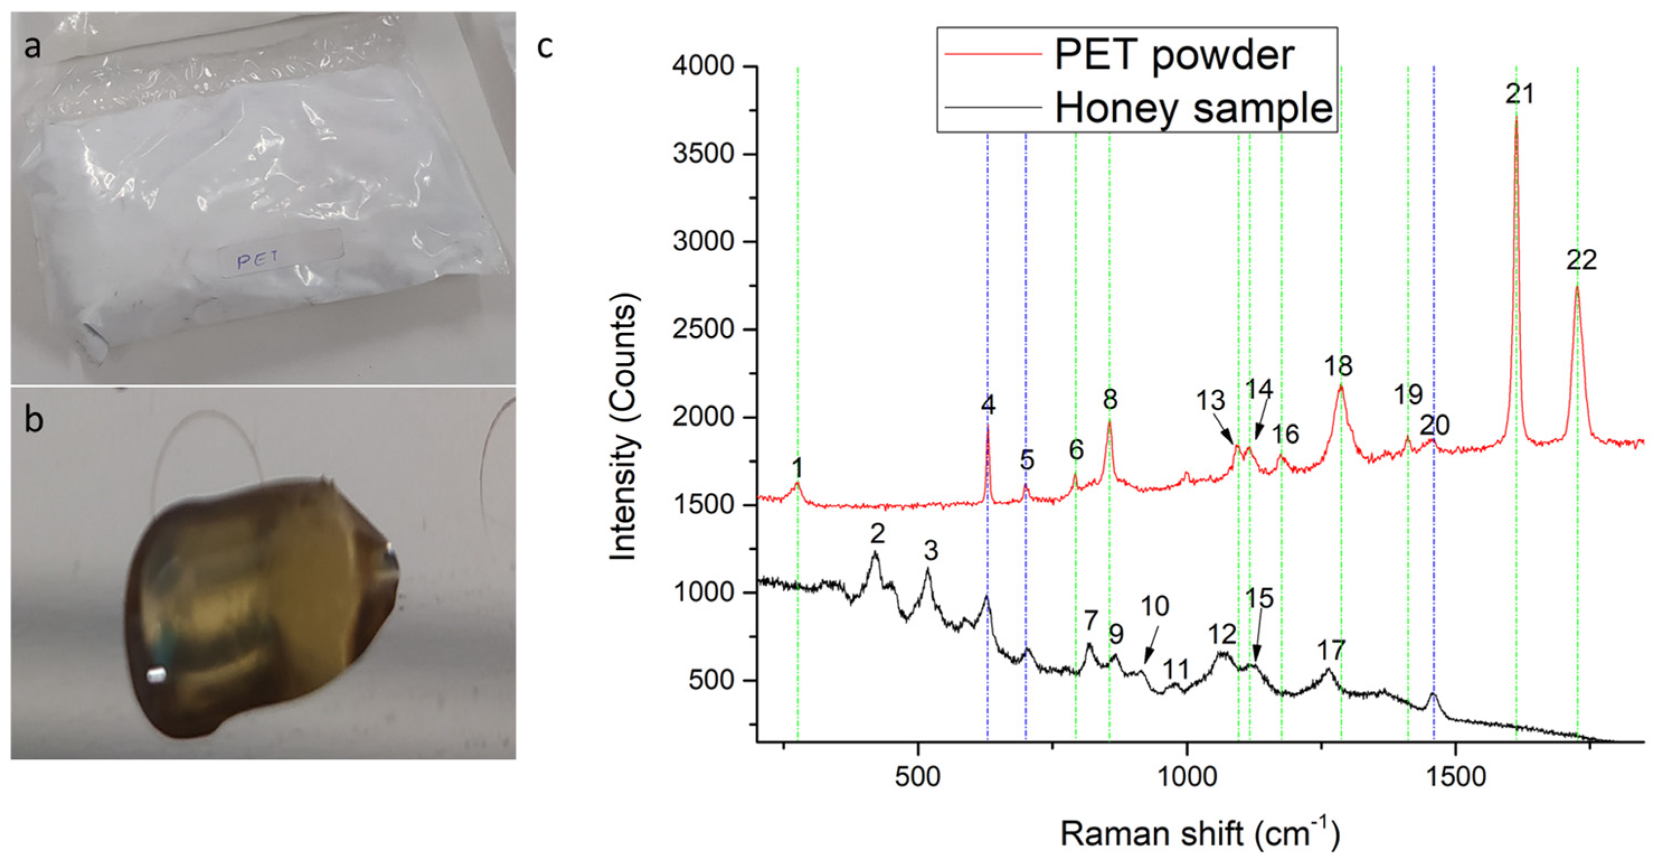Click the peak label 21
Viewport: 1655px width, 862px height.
[x=1520, y=95]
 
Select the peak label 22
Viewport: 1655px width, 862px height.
[x=1581, y=260]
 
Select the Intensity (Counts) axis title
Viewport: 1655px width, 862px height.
[x=623, y=427]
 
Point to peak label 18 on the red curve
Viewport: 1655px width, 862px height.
[x=1339, y=366]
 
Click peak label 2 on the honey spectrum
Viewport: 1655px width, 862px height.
[x=878, y=534]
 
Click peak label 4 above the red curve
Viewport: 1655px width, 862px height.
[x=988, y=405]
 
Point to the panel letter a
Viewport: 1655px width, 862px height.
[x=32, y=47]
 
